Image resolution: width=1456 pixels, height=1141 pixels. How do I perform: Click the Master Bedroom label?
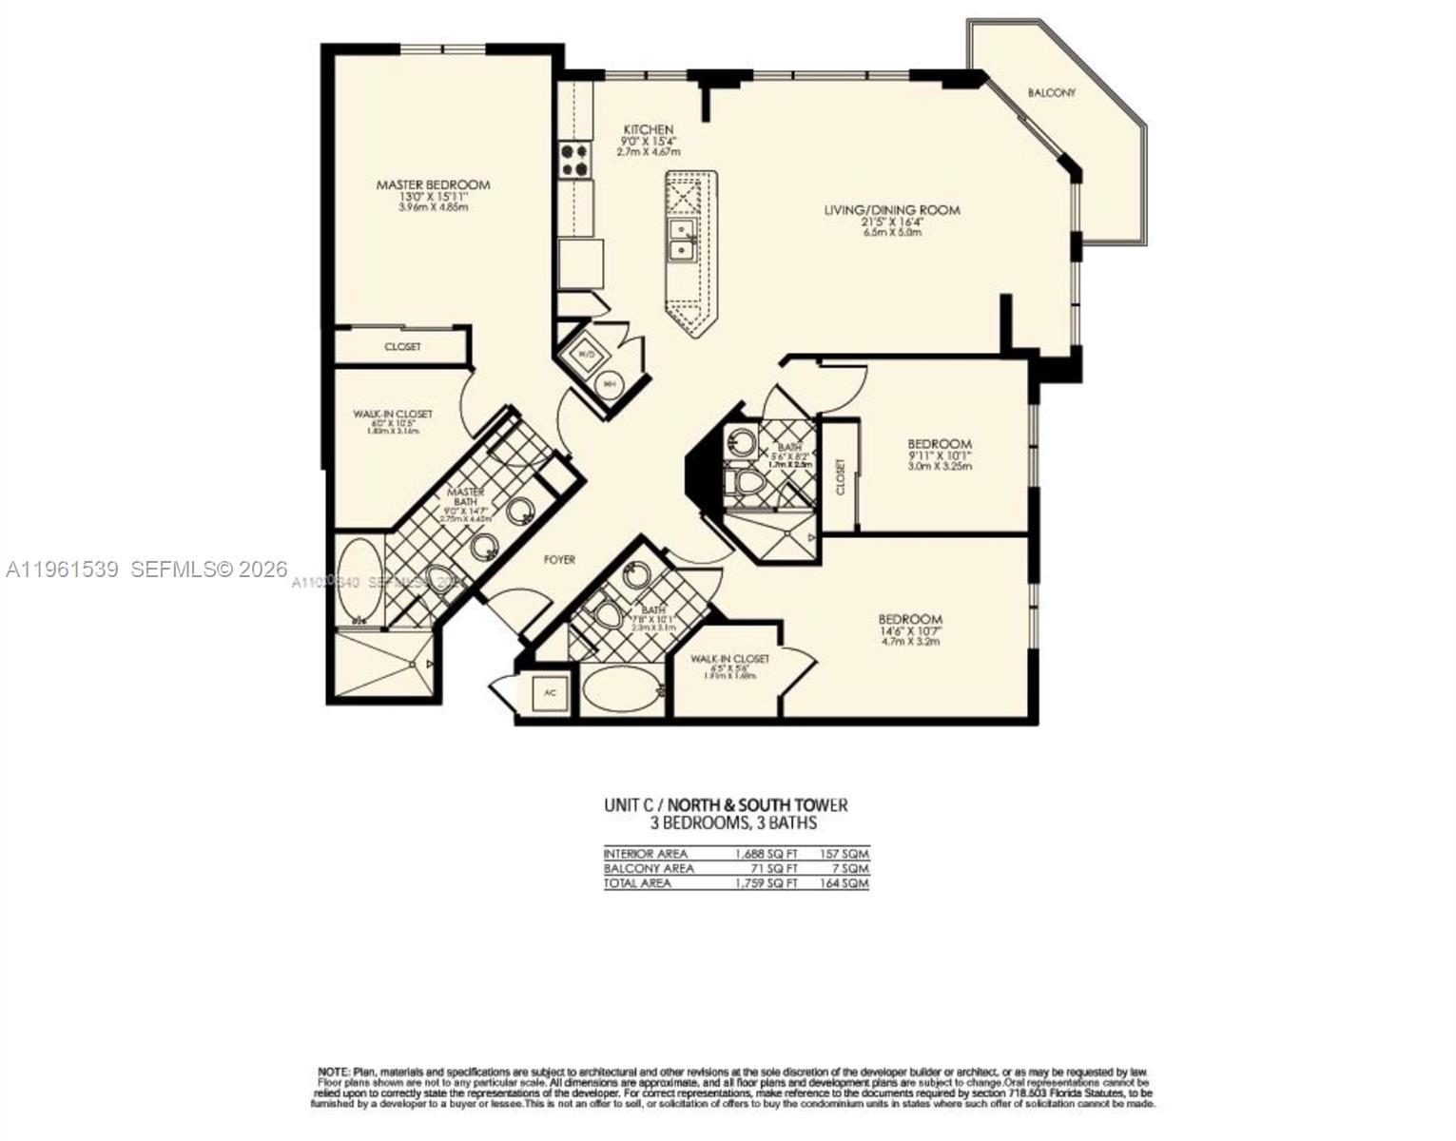pyautogui.click(x=433, y=184)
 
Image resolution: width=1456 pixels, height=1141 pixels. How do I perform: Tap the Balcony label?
pyautogui.click(x=1051, y=93)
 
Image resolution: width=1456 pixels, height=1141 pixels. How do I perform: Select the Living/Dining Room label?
pyautogui.click(x=891, y=210)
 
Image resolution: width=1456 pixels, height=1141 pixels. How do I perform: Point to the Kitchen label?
pyautogui.click(x=649, y=129)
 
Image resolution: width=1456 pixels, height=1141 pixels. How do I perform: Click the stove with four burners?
pyautogui.click(x=573, y=160)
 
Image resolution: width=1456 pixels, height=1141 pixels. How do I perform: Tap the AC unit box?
pyautogui.click(x=550, y=693)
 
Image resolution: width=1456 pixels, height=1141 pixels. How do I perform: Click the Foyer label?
pyautogui.click(x=559, y=560)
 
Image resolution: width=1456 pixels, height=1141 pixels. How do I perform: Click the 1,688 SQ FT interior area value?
pyautogui.click(x=767, y=854)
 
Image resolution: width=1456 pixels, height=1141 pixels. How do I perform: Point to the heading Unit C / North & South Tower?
pyautogui.click(x=726, y=804)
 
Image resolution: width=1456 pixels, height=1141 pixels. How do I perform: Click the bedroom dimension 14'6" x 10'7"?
pyautogui.click(x=910, y=631)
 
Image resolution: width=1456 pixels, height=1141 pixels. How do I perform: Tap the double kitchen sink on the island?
pyautogui.click(x=681, y=240)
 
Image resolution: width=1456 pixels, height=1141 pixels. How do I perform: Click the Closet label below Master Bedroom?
pyautogui.click(x=402, y=347)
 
